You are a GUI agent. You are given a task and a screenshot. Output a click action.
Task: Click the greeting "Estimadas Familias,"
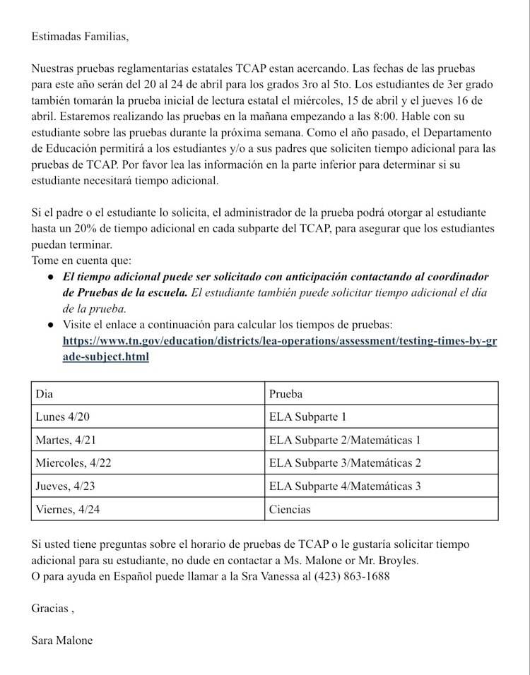pyautogui.click(x=80, y=37)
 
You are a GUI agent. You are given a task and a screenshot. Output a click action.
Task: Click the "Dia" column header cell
pyautogui.click(x=45, y=393)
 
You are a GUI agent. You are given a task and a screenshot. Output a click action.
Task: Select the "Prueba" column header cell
pyautogui.click(x=285, y=393)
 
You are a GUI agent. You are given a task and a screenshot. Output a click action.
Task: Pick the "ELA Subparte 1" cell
pyautogui.click(x=307, y=417)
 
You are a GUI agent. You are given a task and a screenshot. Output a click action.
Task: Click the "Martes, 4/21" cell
pyautogui.click(x=66, y=440)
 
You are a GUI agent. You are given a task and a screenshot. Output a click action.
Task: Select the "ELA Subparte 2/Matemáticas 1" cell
pyautogui.click(x=345, y=440)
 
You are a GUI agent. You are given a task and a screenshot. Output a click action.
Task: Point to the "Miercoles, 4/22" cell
pyautogui.click(x=73, y=462)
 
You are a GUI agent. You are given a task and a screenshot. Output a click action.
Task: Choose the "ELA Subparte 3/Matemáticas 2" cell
pyautogui.click(x=345, y=462)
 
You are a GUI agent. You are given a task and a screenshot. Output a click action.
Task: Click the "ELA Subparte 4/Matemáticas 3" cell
pyautogui.click(x=345, y=486)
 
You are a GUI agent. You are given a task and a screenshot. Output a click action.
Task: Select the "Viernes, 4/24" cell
pyautogui.click(x=68, y=509)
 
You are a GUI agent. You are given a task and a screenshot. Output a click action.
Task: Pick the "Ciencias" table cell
pyautogui.click(x=290, y=509)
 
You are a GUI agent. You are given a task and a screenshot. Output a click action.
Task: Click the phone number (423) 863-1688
pyautogui.click(x=355, y=576)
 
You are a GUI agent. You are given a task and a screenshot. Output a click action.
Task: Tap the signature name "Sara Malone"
pyautogui.click(x=61, y=640)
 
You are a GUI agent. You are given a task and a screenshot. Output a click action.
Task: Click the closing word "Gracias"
pyautogui.click(x=50, y=608)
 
